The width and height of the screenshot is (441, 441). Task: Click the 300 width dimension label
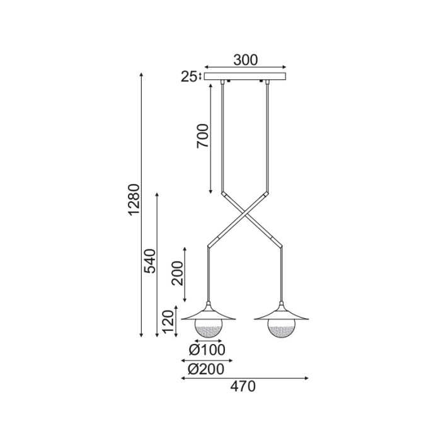click(x=246, y=60)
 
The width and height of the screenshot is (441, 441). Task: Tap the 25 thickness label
click(x=189, y=77)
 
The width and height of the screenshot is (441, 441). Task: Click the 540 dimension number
click(x=149, y=261)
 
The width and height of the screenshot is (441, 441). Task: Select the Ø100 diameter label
click(x=207, y=350)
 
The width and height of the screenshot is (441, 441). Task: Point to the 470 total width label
click(x=243, y=386)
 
